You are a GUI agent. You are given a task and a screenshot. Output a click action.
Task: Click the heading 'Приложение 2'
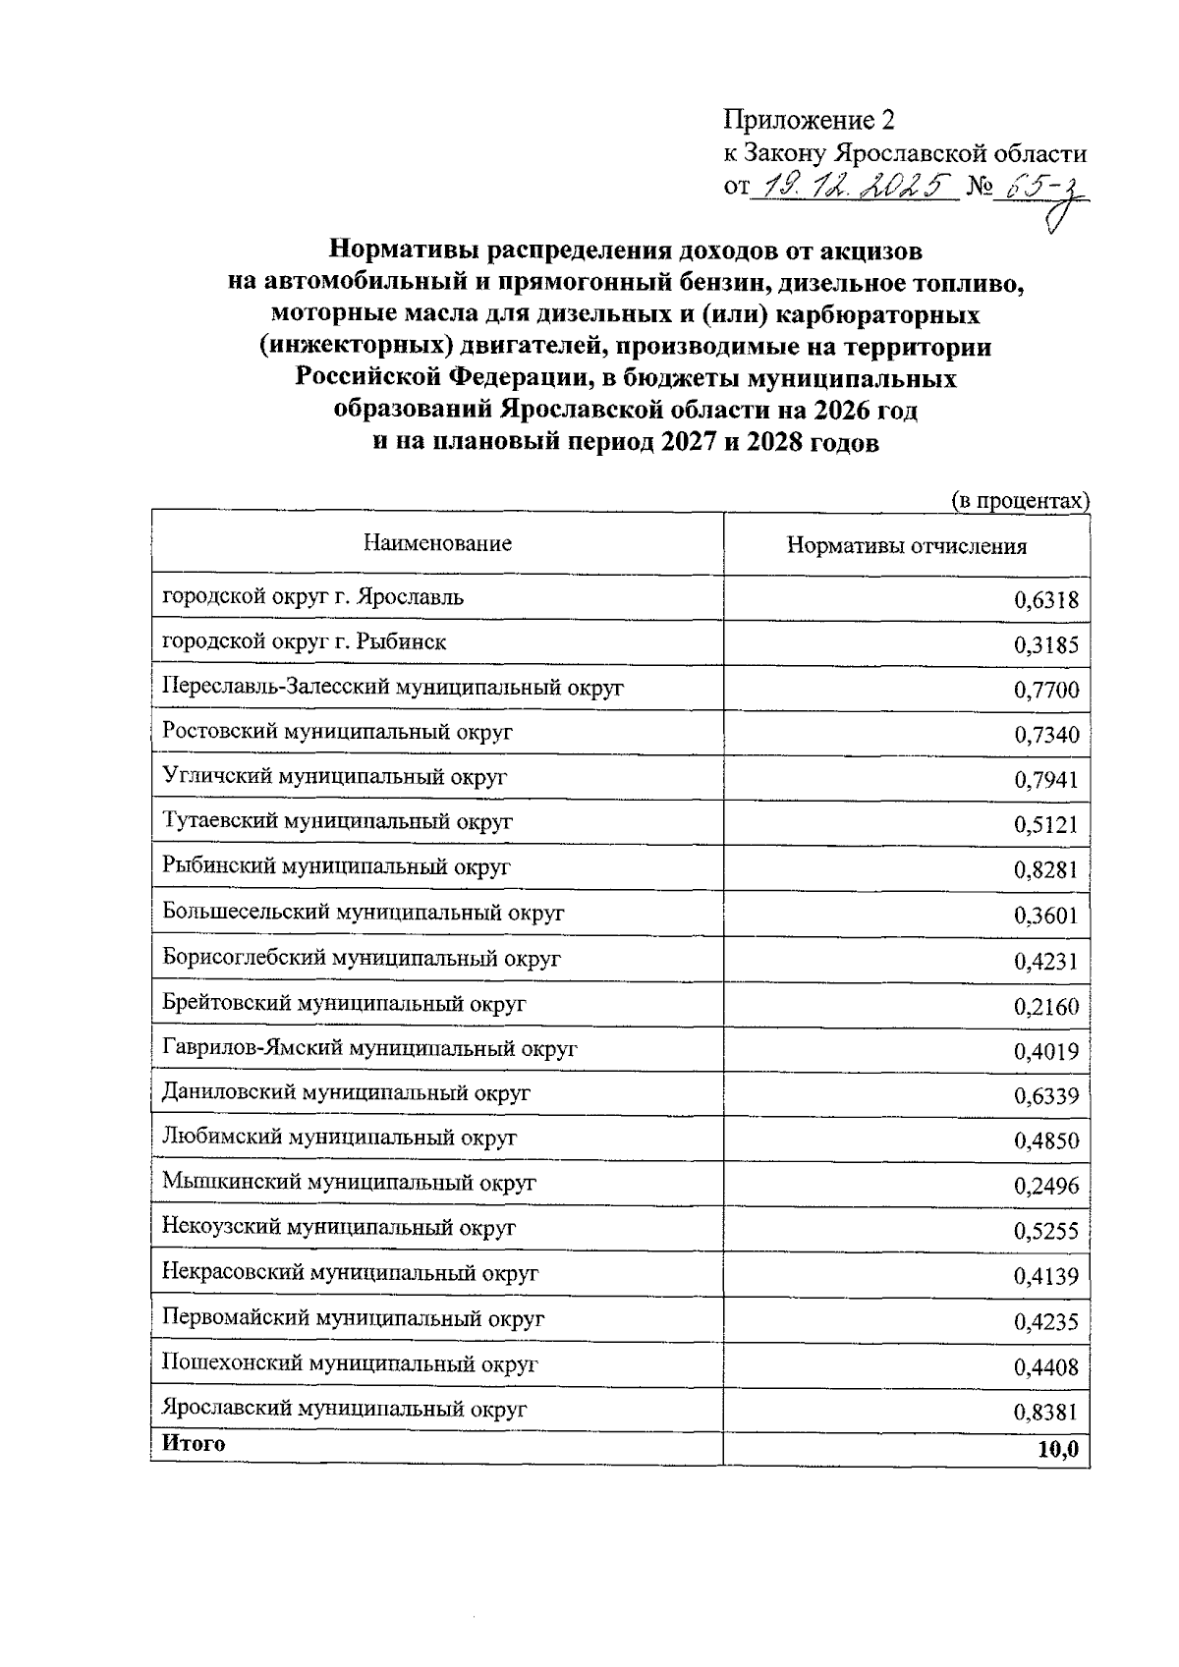(x=810, y=120)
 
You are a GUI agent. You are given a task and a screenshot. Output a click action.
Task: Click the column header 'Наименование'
(x=437, y=543)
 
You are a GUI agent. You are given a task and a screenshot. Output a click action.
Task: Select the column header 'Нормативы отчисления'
(x=906, y=547)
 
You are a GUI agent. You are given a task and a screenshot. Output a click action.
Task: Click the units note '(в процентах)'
(x=1021, y=500)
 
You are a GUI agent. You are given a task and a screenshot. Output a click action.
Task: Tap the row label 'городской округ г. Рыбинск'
(x=304, y=642)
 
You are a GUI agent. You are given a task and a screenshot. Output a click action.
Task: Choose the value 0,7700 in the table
(x=1045, y=691)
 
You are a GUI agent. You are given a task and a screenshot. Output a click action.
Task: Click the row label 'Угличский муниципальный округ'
(x=334, y=777)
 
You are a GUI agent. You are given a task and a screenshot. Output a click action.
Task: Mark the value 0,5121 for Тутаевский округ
(x=1045, y=825)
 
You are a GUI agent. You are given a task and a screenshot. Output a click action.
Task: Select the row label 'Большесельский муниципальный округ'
(x=363, y=913)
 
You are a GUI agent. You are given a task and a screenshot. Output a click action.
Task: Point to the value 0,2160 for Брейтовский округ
(x=1045, y=1007)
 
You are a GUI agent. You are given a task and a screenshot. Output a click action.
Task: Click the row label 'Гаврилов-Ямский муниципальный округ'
(x=369, y=1048)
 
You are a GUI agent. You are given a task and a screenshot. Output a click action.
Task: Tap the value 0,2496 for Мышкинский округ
(x=1045, y=1187)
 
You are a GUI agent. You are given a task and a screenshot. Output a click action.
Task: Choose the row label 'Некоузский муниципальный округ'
(x=339, y=1228)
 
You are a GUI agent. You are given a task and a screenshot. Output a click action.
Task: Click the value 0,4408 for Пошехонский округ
(x=1045, y=1367)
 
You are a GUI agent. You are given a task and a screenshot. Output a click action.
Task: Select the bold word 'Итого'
(x=194, y=1444)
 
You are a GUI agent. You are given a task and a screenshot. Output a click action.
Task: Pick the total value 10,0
(x=1057, y=1450)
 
